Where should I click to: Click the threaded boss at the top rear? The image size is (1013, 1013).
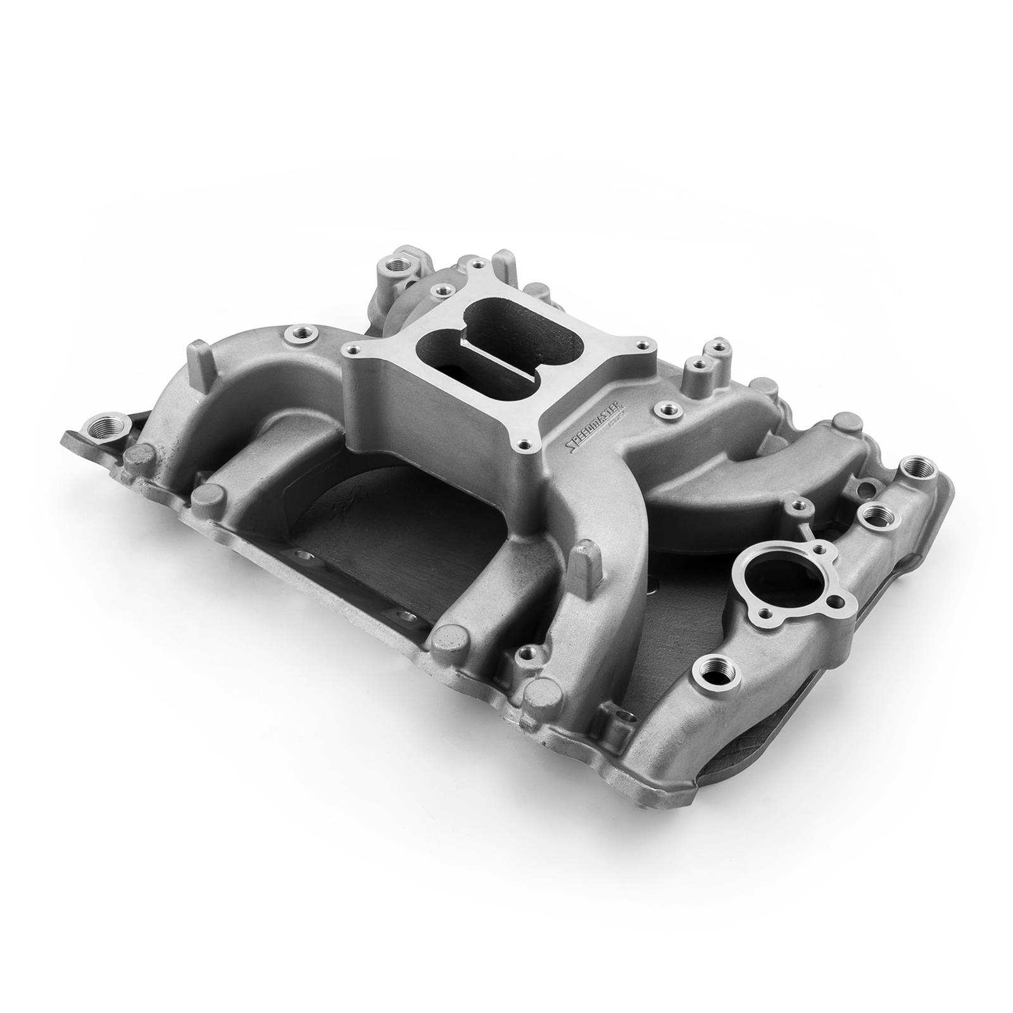point(401,262)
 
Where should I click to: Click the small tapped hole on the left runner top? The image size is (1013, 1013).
point(295,332)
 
